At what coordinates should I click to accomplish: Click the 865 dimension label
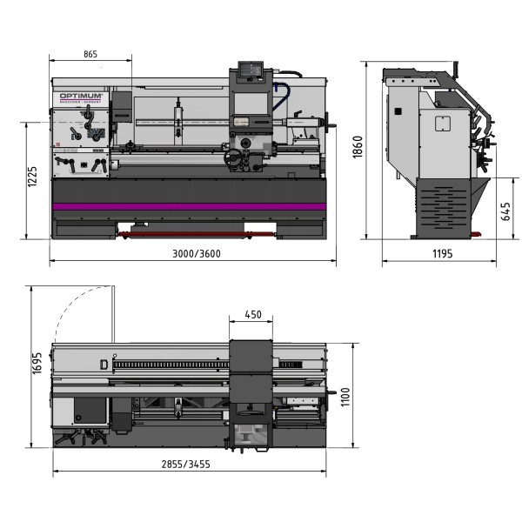(90, 54)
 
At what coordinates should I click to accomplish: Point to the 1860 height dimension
(356, 150)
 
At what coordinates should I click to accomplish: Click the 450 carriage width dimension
(253, 314)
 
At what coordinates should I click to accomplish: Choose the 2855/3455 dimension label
(186, 464)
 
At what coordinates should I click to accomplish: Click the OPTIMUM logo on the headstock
(82, 95)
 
